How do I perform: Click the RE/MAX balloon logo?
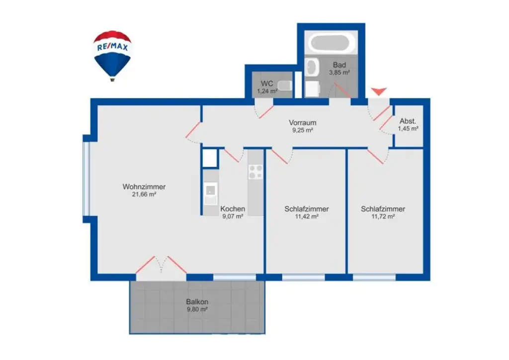112,54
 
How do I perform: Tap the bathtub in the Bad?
332,43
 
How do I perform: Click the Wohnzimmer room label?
144,187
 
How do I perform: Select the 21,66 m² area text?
144,195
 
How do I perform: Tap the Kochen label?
233,209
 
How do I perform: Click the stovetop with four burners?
255,172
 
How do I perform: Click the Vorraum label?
303,123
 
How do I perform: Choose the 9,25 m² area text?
303,130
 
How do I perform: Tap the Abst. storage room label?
408,121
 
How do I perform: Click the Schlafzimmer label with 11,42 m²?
307,209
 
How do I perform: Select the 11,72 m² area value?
383,217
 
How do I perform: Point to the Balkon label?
197,301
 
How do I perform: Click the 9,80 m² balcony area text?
197,309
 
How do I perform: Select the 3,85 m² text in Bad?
339,73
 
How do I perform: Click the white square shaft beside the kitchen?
210,158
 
